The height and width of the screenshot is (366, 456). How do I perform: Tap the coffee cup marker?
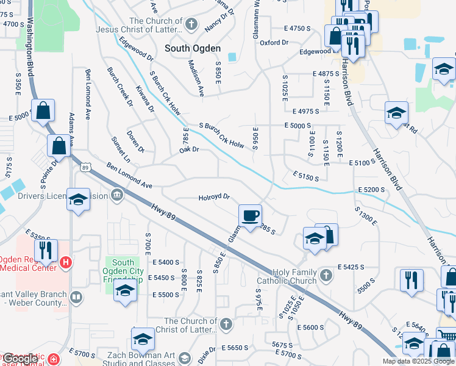pyautogui.click(x=250, y=215)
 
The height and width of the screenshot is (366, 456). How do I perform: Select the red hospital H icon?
pyautogui.click(x=66, y=264)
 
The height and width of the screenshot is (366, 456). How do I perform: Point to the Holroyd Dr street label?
pyautogui.click(x=213, y=197)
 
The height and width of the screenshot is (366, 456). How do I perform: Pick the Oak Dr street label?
pyautogui.click(x=189, y=149)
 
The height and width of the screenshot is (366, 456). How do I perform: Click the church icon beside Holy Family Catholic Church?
pyautogui.click(x=326, y=274)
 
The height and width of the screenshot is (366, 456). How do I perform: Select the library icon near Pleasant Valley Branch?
pyautogui.click(x=76, y=298)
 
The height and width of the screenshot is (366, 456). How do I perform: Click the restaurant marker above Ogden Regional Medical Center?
pyautogui.click(x=45, y=250)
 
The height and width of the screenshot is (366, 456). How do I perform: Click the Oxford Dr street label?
pyautogui.click(x=274, y=43)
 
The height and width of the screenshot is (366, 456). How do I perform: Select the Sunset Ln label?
pyautogui.click(x=121, y=149)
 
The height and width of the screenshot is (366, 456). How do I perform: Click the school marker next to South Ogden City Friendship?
pyautogui.click(x=124, y=290)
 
